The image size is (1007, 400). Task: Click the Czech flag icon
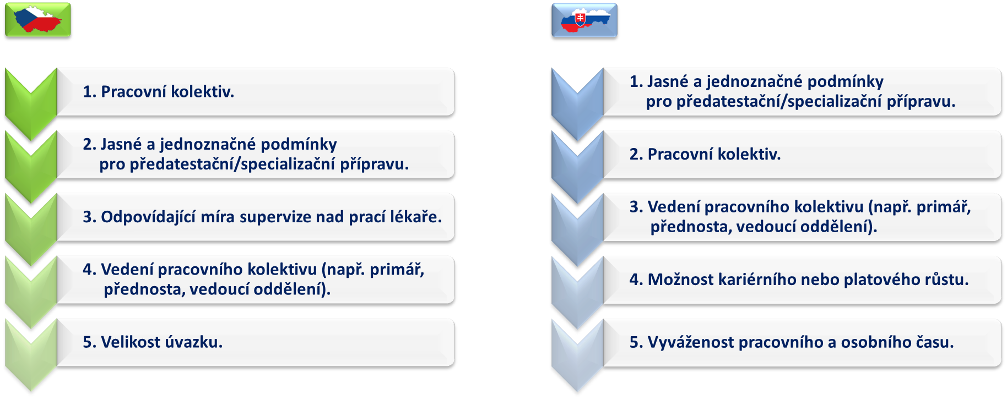[38, 20]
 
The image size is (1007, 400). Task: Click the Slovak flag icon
[584, 20]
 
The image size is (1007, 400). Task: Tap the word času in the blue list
[935, 342]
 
